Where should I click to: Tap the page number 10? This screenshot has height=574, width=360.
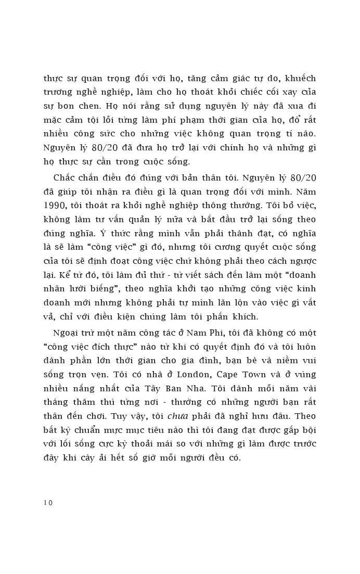pyautogui.click(x=48, y=503)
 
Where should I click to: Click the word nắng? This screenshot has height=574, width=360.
pyautogui.click(x=88, y=388)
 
